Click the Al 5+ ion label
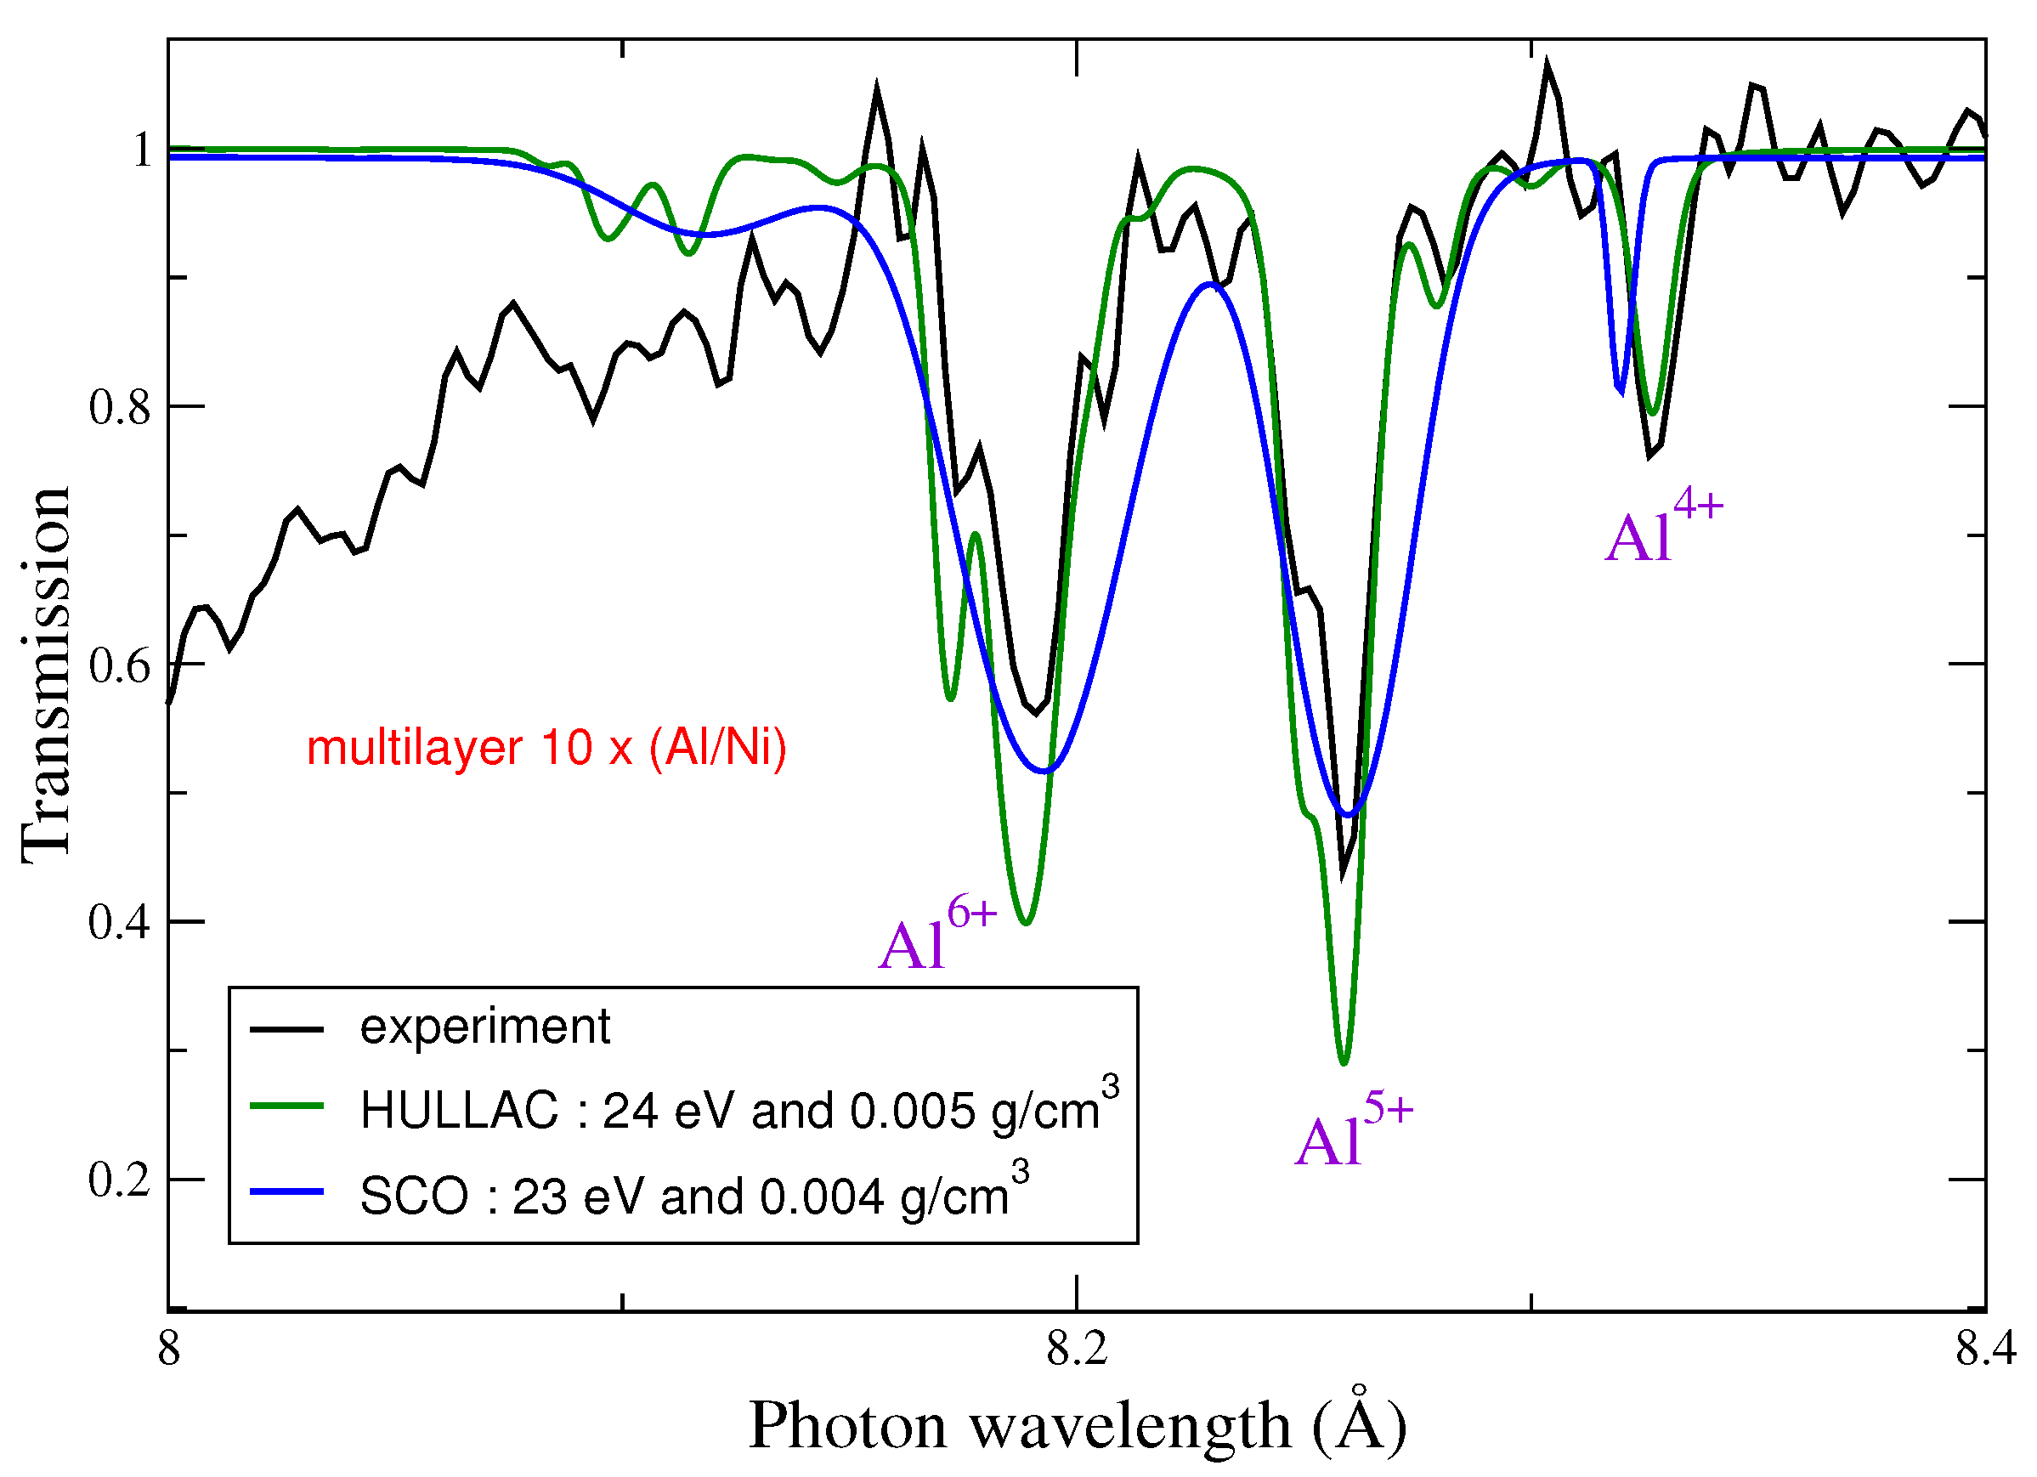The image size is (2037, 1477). click(x=1354, y=1134)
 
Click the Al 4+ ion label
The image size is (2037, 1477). click(x=1663, y=530)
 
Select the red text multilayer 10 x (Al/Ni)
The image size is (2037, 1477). click(x=546, y=748)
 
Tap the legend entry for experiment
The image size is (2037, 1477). click(x=484, y=1027)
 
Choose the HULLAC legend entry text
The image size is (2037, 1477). click(x=738, y=1111)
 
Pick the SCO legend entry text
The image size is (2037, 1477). click(x=693, y=1197)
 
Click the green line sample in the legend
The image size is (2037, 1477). click(x=286, y=1106)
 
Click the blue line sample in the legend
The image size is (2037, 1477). click(x=286, y=1191)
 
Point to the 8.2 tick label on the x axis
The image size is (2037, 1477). click(x=1076, y=1350)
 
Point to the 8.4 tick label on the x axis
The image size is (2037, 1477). click(x=1985, y=1350)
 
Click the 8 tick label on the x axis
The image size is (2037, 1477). click(x=170, y=1350)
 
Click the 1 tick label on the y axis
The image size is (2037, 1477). click(x=141, y=150)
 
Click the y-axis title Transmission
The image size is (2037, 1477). click(x=45, y=676)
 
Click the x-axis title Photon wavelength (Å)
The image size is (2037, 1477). click(x=1076, y=1426)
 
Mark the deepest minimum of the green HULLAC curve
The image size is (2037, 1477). click(x=1344, y=1063)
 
